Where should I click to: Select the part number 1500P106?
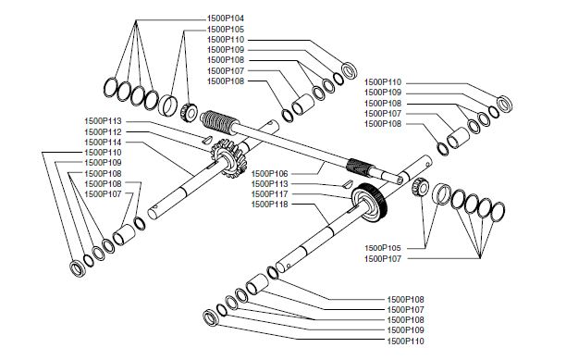pos(270,173)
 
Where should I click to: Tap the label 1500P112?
pos(104,132)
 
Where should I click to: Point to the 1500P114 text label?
pos(104,143)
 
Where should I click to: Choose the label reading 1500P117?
pos(270,194)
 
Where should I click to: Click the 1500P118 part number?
pos(270,205)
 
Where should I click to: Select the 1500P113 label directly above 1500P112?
pos(104,122)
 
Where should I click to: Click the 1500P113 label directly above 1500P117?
pos(270,183)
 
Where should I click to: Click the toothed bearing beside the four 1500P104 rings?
pos(188,112)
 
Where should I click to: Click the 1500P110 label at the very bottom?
pos(405,341)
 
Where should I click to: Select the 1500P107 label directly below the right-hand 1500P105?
pos(384,258)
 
